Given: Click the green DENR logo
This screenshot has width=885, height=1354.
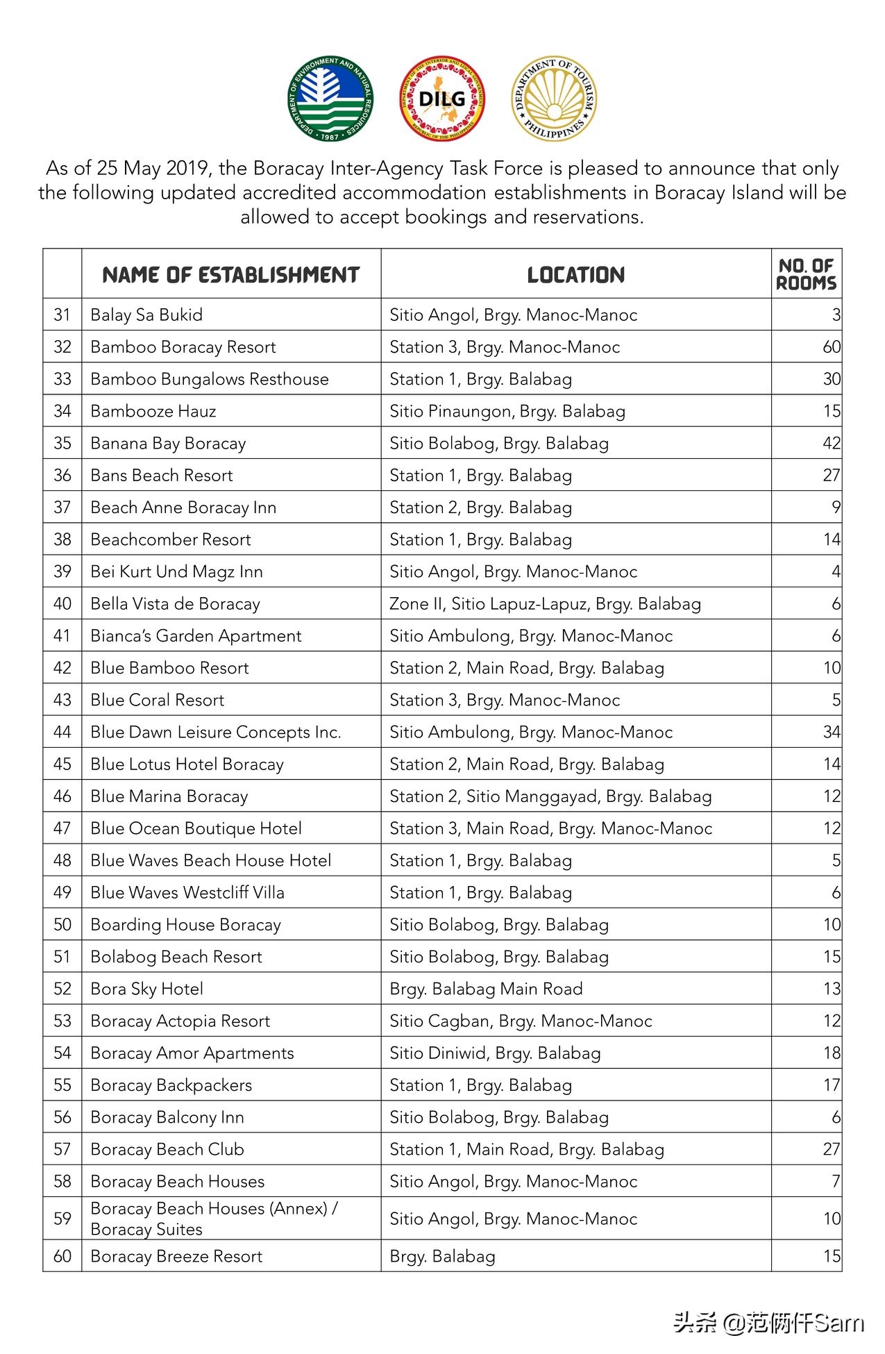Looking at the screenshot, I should (x=330, y=99).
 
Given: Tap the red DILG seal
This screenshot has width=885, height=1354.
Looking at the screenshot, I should (x=442, y=99).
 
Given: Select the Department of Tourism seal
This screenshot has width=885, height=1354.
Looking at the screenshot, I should (x=553, y=99).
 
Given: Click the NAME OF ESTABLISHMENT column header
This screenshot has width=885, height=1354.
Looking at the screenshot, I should (x=230, y=275).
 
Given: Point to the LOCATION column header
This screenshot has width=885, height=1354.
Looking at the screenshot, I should (x=575, y=275).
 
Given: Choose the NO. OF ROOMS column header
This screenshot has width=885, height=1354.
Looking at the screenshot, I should (x=806, y=274).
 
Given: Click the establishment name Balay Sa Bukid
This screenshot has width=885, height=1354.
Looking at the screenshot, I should (x=146, y=315).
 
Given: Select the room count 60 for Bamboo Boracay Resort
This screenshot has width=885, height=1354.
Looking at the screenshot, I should (x=831, y=347).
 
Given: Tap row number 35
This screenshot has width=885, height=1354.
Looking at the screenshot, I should (x=62, y=443).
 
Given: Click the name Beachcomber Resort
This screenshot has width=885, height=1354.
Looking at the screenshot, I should (x=171, y=540).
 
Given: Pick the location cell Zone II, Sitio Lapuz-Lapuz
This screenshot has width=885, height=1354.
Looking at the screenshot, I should (x=545, y=604).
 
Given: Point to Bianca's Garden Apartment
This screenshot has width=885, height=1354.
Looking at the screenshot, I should (x=196, y=636).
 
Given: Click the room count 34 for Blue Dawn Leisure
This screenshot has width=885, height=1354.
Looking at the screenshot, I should (x=831, y=732).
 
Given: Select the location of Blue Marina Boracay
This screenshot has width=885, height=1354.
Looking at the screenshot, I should (x=550, y=796).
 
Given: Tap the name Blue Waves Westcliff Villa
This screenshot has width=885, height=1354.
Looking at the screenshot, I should (x=187, y=892).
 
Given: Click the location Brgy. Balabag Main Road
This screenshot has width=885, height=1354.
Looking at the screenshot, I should (x=486, y=989).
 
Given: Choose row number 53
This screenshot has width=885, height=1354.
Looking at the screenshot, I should (x=62, y=1021).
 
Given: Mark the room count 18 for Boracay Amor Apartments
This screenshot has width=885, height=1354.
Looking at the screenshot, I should (x=832, y=1053).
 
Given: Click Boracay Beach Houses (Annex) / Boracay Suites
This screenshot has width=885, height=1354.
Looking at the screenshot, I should (x=214, y=1219).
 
